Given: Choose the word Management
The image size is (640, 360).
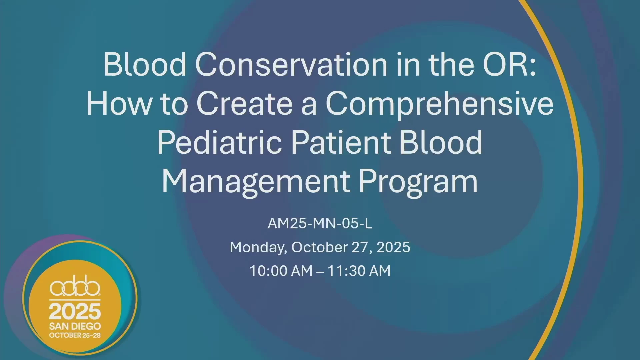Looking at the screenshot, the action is point(256,182).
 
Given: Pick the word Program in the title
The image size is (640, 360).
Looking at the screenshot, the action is point(418,182).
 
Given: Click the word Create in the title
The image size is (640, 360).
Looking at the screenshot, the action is point(245,103).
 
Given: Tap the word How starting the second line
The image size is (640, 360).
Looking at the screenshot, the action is point(119,103).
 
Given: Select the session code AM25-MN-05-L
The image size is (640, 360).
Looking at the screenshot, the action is point(320,223).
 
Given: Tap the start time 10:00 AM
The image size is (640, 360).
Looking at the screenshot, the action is point(281,271).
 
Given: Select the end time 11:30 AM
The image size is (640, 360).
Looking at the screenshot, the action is point(359,271).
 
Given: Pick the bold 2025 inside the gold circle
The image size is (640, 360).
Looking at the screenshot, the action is point(75,312).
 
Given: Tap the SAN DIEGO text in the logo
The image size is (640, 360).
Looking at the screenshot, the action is point(75,326).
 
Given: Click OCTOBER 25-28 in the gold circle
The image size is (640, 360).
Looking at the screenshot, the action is point(75,335).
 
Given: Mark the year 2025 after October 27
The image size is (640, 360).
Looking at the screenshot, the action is point(393,247).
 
